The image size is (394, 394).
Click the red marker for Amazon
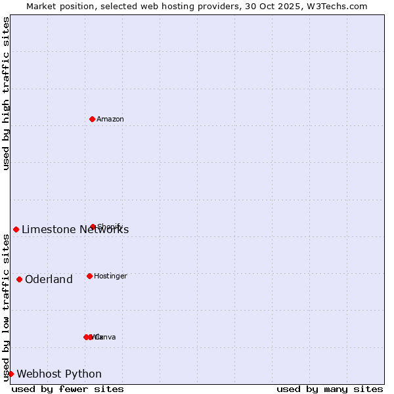[92, 119]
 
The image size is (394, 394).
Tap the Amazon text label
[110, 119]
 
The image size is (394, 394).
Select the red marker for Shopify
[93, 227]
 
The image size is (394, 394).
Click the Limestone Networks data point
[16, 229]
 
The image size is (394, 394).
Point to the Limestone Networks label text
[75, 229]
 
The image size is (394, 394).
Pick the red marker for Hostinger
[89, 276]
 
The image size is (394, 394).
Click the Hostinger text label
[110, 276]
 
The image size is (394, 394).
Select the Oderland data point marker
[19, 279]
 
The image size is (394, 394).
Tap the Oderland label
[49, 280]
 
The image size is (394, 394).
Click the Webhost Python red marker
[11, 374]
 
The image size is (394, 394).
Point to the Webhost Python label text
[59, 374]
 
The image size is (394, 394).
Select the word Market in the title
[43, 6]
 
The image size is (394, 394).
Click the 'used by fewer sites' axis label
[68, 389]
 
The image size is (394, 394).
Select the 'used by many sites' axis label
[330, 389]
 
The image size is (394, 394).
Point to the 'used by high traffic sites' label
[6, 93]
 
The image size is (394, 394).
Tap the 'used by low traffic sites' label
[6, 307]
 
